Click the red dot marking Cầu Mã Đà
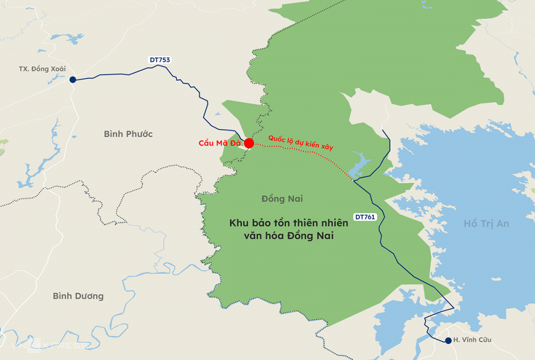(249, 143)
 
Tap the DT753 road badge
(159, 60)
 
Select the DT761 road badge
(365, 217)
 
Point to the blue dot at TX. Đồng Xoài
(73, 80)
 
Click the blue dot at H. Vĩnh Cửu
(448, 340)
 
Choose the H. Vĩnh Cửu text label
(472, 340)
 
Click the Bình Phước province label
(128, 134)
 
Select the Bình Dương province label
(78, 296)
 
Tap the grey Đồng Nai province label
(282, 198)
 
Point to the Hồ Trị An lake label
(486, 224)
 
